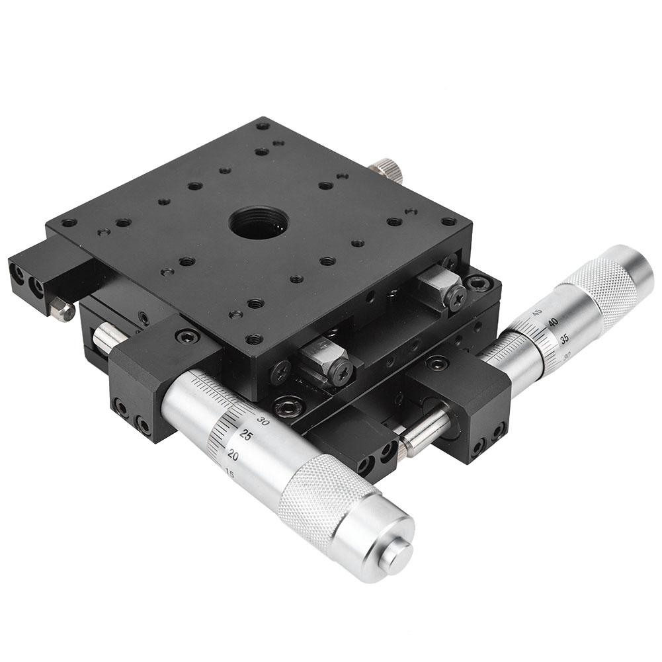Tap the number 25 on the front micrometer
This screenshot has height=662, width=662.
246,435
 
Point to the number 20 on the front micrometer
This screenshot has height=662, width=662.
233,455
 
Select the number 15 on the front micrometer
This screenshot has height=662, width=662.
229,474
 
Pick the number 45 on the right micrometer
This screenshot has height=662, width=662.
537,311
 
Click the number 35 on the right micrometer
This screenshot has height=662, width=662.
564,339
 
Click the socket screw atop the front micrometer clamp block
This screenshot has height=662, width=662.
187,337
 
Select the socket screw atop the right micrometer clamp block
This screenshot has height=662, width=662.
436,363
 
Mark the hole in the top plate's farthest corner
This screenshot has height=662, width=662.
263,125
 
